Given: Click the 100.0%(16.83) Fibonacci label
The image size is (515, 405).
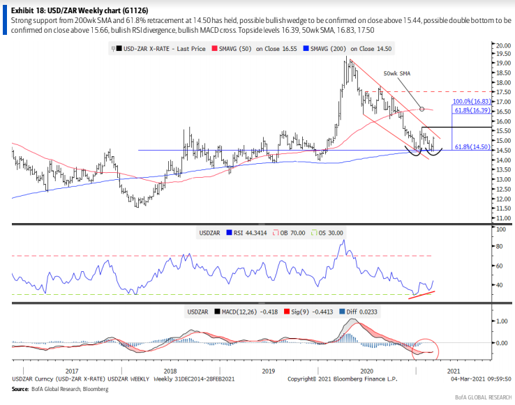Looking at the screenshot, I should (472, 101).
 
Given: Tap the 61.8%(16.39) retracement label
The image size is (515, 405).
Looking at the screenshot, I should (472, 110).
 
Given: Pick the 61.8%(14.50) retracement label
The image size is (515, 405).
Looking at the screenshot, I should (472, 146).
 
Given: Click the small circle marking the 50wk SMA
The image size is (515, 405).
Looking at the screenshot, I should (421, 109).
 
